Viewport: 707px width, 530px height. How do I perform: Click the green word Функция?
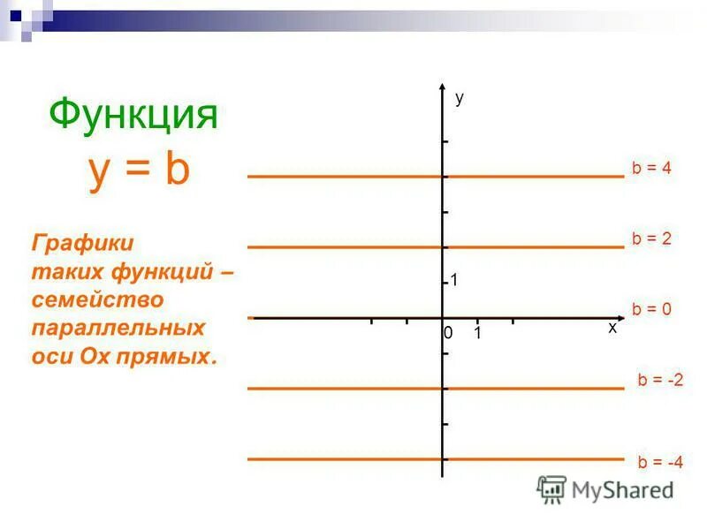[133, 114]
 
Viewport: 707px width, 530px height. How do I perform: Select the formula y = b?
[140, 169]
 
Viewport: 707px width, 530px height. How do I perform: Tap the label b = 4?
[652, 168]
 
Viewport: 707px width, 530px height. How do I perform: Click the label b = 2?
[652, 238]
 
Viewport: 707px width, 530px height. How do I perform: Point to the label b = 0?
[652, 309]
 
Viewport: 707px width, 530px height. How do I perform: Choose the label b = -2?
[660, 380]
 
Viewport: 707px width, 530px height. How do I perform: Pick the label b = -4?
[660, 461]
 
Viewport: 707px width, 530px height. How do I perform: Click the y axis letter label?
[460, 99]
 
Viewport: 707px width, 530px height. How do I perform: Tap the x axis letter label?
[612, 328]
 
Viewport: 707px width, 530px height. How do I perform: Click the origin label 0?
[448, 334]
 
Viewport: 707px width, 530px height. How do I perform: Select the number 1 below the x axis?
[477, 334]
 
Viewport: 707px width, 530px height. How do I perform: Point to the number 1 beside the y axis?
[454, 281]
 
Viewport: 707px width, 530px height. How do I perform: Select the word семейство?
[98, 299]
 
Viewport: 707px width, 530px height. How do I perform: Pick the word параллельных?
[118, 328]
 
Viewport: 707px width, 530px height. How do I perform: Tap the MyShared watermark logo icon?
[552, 488]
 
